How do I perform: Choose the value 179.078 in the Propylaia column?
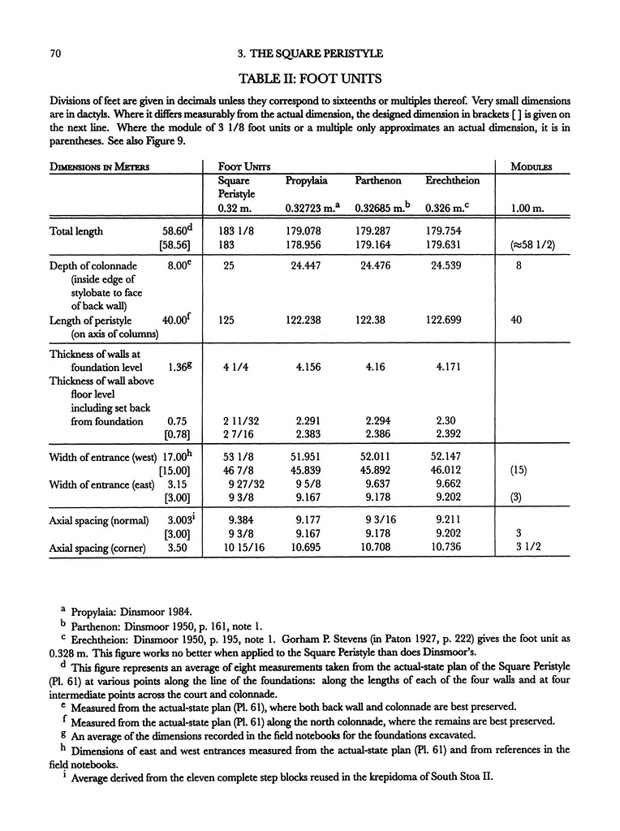tap(304, 230)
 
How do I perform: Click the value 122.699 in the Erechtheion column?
tap(447, 321)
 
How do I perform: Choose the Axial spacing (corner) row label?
tap(97, 549)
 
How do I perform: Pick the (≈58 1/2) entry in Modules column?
tap(531, 245)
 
